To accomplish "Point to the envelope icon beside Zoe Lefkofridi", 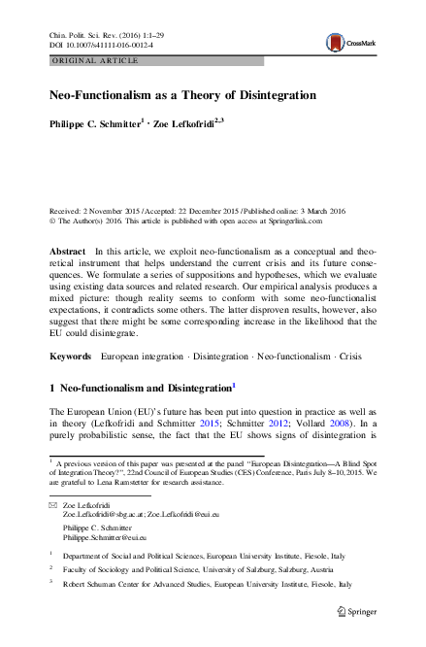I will (x=52, y=506).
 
